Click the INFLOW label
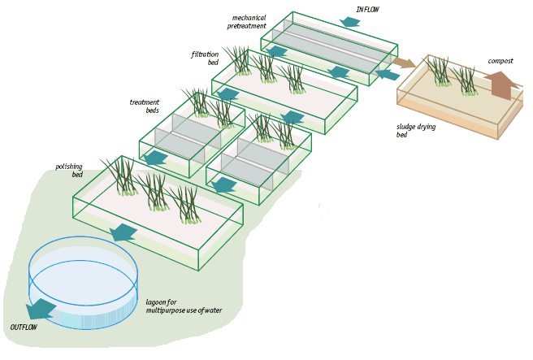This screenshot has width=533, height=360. click(367, 10)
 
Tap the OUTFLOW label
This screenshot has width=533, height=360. click(24, 327)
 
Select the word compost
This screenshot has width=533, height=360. click(500, 61)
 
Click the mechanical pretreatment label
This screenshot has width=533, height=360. click(249, 22)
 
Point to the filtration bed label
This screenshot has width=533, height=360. click(205, 59)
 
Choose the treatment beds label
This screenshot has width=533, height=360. click(145, 106)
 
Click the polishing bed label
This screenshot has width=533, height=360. click(69, 170)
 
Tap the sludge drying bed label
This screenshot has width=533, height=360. click(414, 131)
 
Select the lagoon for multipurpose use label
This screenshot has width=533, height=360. click(184, 306)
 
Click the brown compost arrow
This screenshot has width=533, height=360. click(501, 84)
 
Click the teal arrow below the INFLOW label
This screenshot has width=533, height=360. click(350, 22)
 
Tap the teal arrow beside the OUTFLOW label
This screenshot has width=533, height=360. click(41, 309)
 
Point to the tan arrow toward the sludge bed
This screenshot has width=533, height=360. click(403, 63)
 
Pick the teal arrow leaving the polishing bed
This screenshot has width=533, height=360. click(123, 232)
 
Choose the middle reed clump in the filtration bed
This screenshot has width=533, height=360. click(265, 68)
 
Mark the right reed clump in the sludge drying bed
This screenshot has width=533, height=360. click(466, 81)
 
